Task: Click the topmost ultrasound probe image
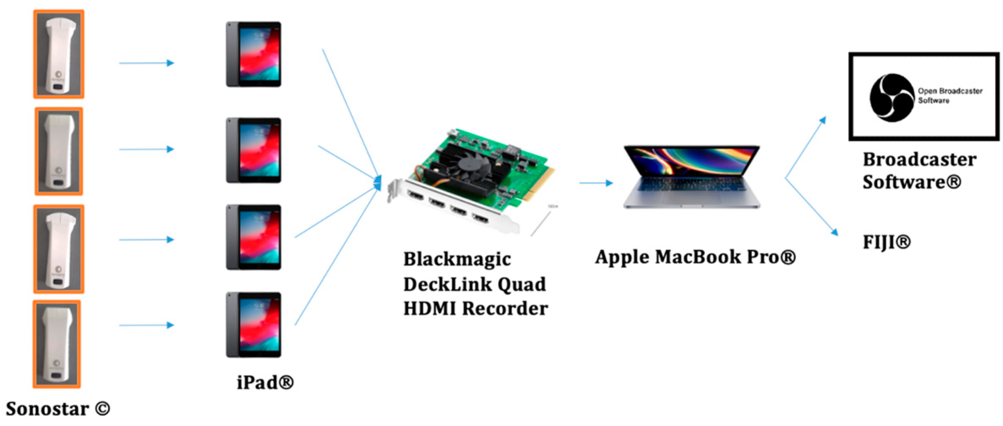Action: pos(59,54)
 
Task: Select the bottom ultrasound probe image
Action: pos(57,344)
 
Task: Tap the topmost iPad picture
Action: pos(253,54)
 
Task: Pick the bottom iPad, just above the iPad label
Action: pos(253,325)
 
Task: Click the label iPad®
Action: pos(265,382)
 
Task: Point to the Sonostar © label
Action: pos(57,409)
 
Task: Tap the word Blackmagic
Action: pos(457,259)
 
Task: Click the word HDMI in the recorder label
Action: pos(429,309)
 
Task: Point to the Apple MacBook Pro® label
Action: pos(695,257)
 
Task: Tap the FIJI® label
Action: pos(886,242)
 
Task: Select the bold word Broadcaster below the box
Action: pos(919,160)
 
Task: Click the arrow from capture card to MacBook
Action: pos(595,183)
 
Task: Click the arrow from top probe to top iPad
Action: pos(146,63)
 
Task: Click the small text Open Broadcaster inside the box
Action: pos(950,91)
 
